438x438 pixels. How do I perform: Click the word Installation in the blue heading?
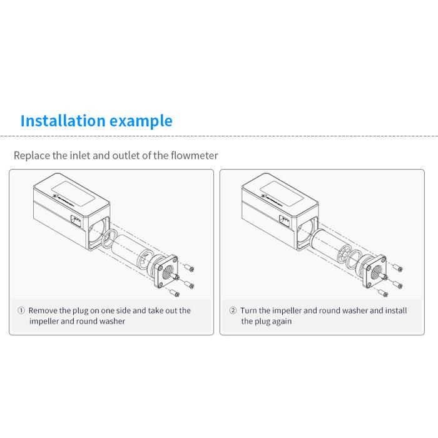(x=63, y=121)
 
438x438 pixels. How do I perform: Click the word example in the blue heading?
(x=141, y=121)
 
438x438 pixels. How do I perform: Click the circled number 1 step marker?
(x=21, y=310)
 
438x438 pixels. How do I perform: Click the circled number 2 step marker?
(x=233, y=310)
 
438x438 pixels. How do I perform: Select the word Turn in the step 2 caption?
(x=248, y=310)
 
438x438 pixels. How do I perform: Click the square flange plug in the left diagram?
(x=166, y=272)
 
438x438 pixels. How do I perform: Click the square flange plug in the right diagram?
(x=375, y=272)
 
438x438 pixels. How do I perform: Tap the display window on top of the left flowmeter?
(x=73, y=193)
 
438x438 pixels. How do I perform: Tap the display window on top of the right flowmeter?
(x=282, y=193)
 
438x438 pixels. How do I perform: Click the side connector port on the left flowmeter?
(x=76, y=222)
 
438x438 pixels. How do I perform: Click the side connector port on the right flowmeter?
(x=284, y=222)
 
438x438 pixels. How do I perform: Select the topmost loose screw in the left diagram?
(x=189, y=267)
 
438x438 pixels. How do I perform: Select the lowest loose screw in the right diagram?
(x=383, y=292)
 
